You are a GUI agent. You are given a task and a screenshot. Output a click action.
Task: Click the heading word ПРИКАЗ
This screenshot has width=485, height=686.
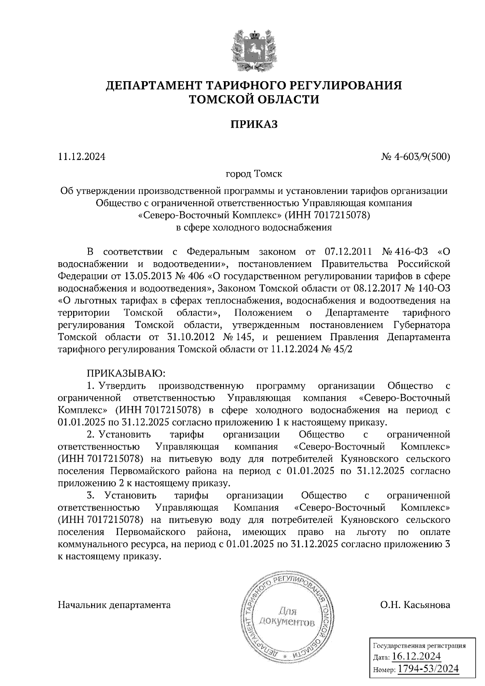coord(254,124)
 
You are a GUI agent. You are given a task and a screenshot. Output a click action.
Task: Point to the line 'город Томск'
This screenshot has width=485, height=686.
coord(254,174)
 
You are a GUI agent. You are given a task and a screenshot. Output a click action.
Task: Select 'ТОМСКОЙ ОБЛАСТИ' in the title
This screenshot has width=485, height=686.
coord(254,99)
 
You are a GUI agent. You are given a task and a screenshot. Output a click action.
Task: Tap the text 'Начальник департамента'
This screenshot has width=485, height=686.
coord(114,605)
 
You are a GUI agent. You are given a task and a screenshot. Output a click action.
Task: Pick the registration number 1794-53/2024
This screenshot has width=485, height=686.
coord(428,669)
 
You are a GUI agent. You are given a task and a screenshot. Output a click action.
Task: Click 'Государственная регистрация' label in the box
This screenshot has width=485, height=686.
coord(419,646)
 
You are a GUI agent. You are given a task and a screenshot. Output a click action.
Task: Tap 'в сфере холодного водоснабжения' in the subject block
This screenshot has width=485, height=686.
coord(254,227)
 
